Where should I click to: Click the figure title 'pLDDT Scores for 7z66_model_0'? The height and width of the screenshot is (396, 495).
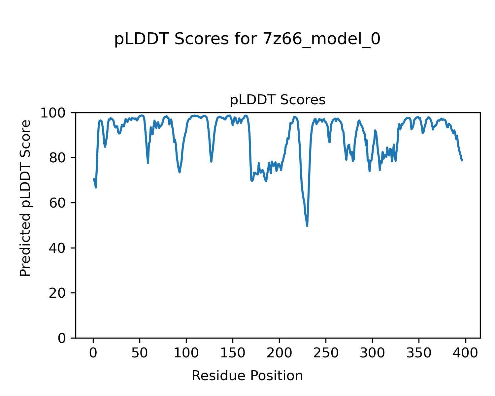(247, 39)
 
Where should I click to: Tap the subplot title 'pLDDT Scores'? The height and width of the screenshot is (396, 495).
(278, 100)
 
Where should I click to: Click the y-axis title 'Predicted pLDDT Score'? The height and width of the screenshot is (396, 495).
(25, 198)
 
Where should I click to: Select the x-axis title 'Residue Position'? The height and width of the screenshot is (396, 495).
(247, 376)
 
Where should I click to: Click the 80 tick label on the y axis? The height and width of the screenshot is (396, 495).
(57, 158)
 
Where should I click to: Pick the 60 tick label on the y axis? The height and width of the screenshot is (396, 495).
(57, 203)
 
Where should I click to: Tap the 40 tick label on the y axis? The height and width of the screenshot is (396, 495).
(57, 248)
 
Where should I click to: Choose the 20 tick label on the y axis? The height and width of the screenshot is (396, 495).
(57, 293)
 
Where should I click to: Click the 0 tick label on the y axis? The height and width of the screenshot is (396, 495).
(61, 338)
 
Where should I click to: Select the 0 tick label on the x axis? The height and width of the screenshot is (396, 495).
(93, 353)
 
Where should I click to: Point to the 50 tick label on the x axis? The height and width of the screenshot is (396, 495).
(140, 353)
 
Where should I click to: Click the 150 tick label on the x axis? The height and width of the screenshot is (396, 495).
(233, 353)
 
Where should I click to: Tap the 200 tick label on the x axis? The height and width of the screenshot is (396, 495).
(279, 353)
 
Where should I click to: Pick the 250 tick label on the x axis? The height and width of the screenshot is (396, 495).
(326, 353)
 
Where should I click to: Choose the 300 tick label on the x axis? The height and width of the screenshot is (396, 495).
(372, 353)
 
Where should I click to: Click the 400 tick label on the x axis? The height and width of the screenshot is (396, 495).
(465, 353)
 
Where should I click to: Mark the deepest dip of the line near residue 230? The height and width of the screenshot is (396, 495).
(307, 226)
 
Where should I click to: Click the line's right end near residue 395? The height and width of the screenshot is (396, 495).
(462, 161)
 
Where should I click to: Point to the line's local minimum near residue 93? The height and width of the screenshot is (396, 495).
(180, 172)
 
